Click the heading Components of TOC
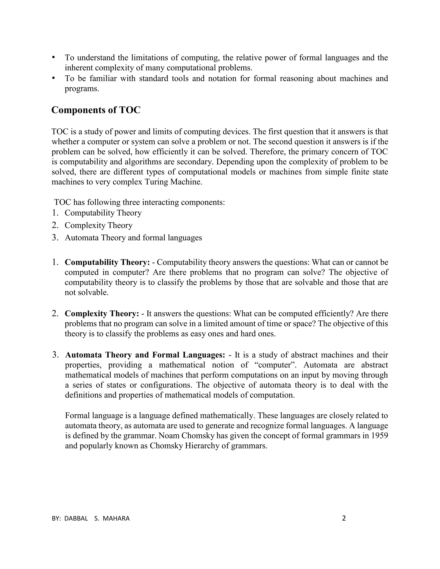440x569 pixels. pos(96,110)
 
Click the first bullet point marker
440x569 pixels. pos(53,57)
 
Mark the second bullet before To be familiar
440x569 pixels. pos(53,78)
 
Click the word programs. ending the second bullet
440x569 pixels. pos(82,89)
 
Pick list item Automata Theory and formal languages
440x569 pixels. pos(133,238)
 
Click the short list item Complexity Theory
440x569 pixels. pos(99,225)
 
